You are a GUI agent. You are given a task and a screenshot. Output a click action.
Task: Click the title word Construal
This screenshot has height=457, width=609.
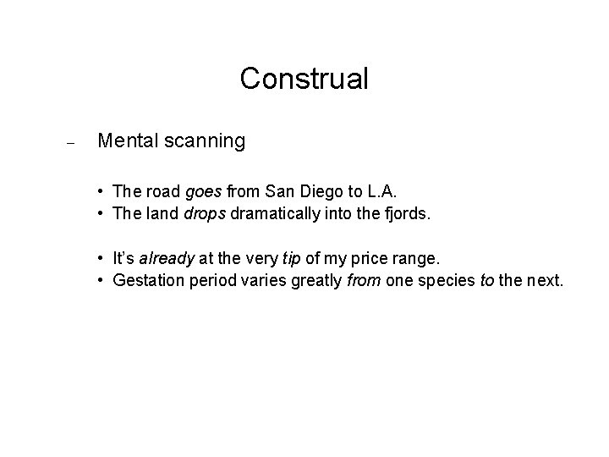[x=304, y=79]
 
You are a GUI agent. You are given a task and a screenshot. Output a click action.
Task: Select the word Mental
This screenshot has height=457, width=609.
[x=127, y=140]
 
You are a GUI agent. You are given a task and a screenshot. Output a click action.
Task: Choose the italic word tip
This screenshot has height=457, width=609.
[x=285, y=257]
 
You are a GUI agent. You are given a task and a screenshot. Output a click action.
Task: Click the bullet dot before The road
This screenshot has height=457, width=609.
[x=100, y=194]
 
